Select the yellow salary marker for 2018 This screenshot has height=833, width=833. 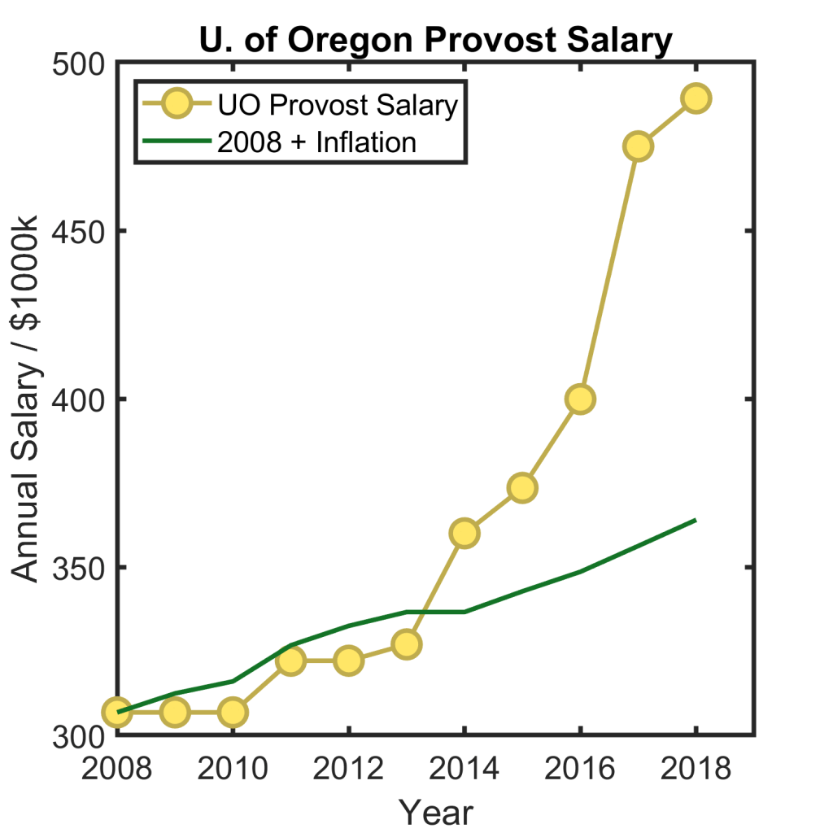[696, 98]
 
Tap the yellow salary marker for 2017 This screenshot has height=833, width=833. [639, 146]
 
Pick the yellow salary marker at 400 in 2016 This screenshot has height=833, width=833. [581, 399]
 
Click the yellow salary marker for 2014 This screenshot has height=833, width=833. [464, 533]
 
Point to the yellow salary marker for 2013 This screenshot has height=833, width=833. [407, 644]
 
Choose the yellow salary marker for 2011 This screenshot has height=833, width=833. [290, 661]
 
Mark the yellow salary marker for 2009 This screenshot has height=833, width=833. [174, 712]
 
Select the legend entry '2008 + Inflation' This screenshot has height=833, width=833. [316, 142]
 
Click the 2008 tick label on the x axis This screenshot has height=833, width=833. [116, 768]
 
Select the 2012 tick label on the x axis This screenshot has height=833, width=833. [348, 768]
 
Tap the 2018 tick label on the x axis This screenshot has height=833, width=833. [696, 768]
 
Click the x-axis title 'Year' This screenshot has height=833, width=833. [436, 811]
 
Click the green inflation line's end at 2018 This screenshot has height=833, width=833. [695, 520]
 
